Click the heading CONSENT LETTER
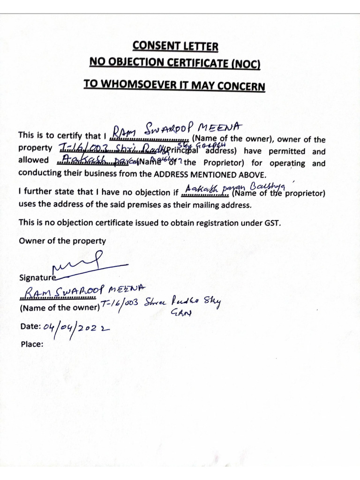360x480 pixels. click(175, 46)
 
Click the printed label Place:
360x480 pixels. click(32, 344)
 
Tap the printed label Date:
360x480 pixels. click(30, 327)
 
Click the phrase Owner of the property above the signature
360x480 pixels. click(62, 240)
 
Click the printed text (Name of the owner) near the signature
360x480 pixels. click(59, 308)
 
